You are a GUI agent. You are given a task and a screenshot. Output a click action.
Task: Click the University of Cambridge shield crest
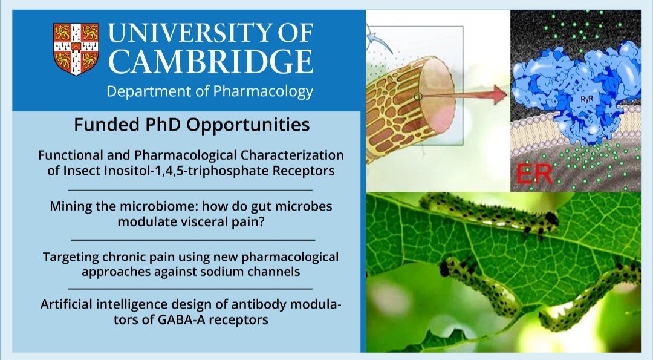[76, 49]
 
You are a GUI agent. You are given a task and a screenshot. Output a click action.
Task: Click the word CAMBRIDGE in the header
[211, 62]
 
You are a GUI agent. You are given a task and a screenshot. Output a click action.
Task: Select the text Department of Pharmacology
[209, 91]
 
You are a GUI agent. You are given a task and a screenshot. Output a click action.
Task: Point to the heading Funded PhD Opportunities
[192, 125]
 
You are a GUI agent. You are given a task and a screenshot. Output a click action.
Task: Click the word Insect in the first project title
[81, 171]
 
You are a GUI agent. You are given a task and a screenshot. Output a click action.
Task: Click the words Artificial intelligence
[105, 304]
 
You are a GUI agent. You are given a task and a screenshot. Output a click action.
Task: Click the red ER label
[534, 174]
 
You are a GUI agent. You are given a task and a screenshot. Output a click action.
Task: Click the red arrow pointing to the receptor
[464, 96]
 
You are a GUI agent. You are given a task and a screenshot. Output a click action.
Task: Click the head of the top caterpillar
[551, 219]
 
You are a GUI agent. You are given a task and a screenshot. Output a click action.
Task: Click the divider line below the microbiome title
[193, 240]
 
